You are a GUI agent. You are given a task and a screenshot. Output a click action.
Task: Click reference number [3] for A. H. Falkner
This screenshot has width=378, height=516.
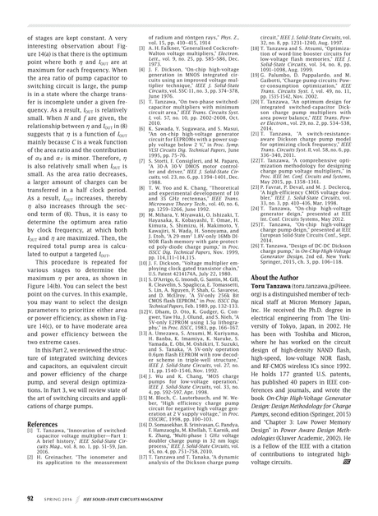click(130, 50)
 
